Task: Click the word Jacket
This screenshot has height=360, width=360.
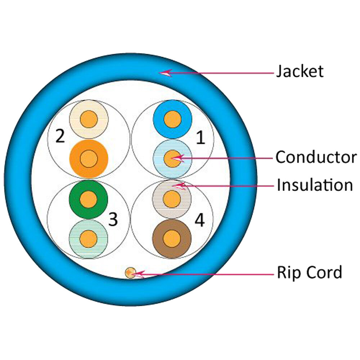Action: (300, 72)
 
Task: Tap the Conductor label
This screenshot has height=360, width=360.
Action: (316, 157)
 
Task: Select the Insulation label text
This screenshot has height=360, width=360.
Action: (314, 185)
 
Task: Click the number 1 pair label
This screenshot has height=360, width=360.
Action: (201, 138)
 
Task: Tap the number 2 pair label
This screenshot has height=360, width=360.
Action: (60, 136)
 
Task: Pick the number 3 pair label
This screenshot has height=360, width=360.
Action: (113, 219)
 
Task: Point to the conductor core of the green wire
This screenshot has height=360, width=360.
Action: (88, 199)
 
